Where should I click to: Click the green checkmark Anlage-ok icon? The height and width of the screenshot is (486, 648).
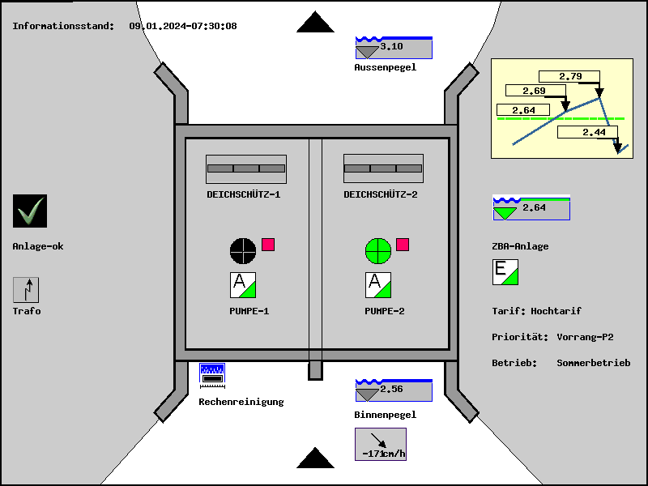(x=30, y=211)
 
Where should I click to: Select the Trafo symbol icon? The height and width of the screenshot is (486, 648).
(x=26, y=290)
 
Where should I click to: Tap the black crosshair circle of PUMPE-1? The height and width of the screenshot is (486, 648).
(x=243, y=250)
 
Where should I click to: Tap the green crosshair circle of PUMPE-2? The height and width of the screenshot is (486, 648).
(x=377, y=250)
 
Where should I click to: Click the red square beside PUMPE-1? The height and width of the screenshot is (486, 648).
(x=268, y=245)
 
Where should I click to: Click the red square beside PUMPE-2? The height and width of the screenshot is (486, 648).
(x=403, y=245)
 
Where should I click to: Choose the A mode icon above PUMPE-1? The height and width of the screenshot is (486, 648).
(x=243, y=285)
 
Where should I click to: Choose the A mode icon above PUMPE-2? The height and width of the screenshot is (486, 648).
(x=378, y=285)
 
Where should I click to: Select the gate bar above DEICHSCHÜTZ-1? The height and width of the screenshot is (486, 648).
(x=246, y=168)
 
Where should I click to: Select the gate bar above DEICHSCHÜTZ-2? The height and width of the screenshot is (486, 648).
(x=383, y=168)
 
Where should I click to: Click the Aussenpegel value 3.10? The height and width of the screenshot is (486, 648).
(x=392, y=47)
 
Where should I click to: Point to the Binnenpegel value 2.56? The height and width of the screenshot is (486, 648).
(x=392, y=390)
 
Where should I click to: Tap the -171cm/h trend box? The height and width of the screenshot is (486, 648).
(x=380, y=444)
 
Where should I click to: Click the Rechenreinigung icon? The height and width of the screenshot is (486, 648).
(x=212, y=374)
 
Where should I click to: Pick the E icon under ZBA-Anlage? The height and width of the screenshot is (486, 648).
(x=505, y=272)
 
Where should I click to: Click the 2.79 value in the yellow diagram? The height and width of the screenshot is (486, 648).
(x=570, y=77)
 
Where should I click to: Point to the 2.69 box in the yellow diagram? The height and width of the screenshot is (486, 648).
(x=534, y=91)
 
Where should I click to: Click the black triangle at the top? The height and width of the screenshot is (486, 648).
(x=315, y=22)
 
